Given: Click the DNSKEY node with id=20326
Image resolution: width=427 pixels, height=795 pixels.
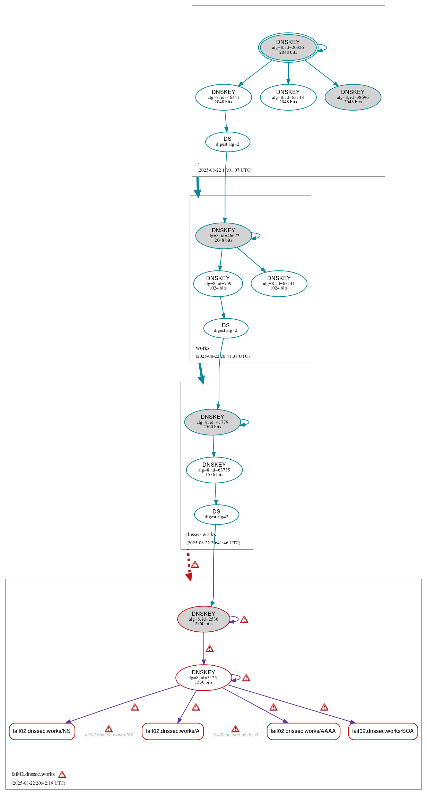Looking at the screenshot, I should pyautogui.click(x=288, y=47).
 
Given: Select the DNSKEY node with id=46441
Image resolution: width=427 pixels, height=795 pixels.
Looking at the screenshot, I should pyautogui.click(x=224, y=97).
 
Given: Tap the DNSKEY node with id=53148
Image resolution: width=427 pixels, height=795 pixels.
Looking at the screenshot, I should pyautogui.click(x=288, y=97).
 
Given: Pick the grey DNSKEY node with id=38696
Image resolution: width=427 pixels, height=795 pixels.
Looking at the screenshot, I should pyautogui.click(x=353, y=97).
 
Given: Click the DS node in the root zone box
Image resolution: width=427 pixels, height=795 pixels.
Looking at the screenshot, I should pyautogui.click(x=227, y=141).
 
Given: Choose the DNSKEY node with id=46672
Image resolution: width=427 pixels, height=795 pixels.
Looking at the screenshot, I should pyautogui.click(x=224, y=235).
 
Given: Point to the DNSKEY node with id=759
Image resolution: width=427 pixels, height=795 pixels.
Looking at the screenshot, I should pyautogui.click(x=218, y=283).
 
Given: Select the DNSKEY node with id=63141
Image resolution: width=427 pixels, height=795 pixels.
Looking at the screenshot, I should pyautogui.click(x=279, y=283).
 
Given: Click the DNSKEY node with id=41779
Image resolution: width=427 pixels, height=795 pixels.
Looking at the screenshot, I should pyautogui.click(x=212, y=422).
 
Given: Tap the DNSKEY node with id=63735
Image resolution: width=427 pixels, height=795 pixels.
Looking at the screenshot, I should pyautogui.click(x=214, y=470).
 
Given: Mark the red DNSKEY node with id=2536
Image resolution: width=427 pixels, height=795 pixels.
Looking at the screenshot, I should pyautogui.click(x=203, y=619).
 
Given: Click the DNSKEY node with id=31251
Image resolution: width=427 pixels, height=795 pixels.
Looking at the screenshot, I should pyautogui.click(x=203, y=677).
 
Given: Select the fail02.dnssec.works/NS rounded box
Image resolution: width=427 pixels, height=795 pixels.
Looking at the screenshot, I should pyautogui.click(x=42, y=731).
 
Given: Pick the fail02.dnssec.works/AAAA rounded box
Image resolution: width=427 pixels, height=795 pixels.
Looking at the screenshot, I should pyautogui.click(x=303, y=731).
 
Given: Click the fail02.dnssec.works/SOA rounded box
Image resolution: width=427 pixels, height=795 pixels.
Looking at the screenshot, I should pyautogui.click(x=383, y=731).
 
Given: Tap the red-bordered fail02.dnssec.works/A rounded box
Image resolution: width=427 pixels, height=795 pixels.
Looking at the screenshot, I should pyautogui.click(x=173, y=731).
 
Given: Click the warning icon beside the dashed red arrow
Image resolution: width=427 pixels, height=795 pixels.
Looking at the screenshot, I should pyautogui.click(x=195, y=564).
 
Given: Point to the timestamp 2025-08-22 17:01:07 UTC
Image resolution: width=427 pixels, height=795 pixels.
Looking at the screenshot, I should pyautogui.click(x=224, y=170).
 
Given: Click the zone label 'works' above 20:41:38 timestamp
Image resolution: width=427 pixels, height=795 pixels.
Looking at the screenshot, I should pyautogui.click(x=202, y=348).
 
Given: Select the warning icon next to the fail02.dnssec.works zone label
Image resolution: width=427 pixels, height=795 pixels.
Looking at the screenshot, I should pyautogui.click(x=62, y=775).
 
